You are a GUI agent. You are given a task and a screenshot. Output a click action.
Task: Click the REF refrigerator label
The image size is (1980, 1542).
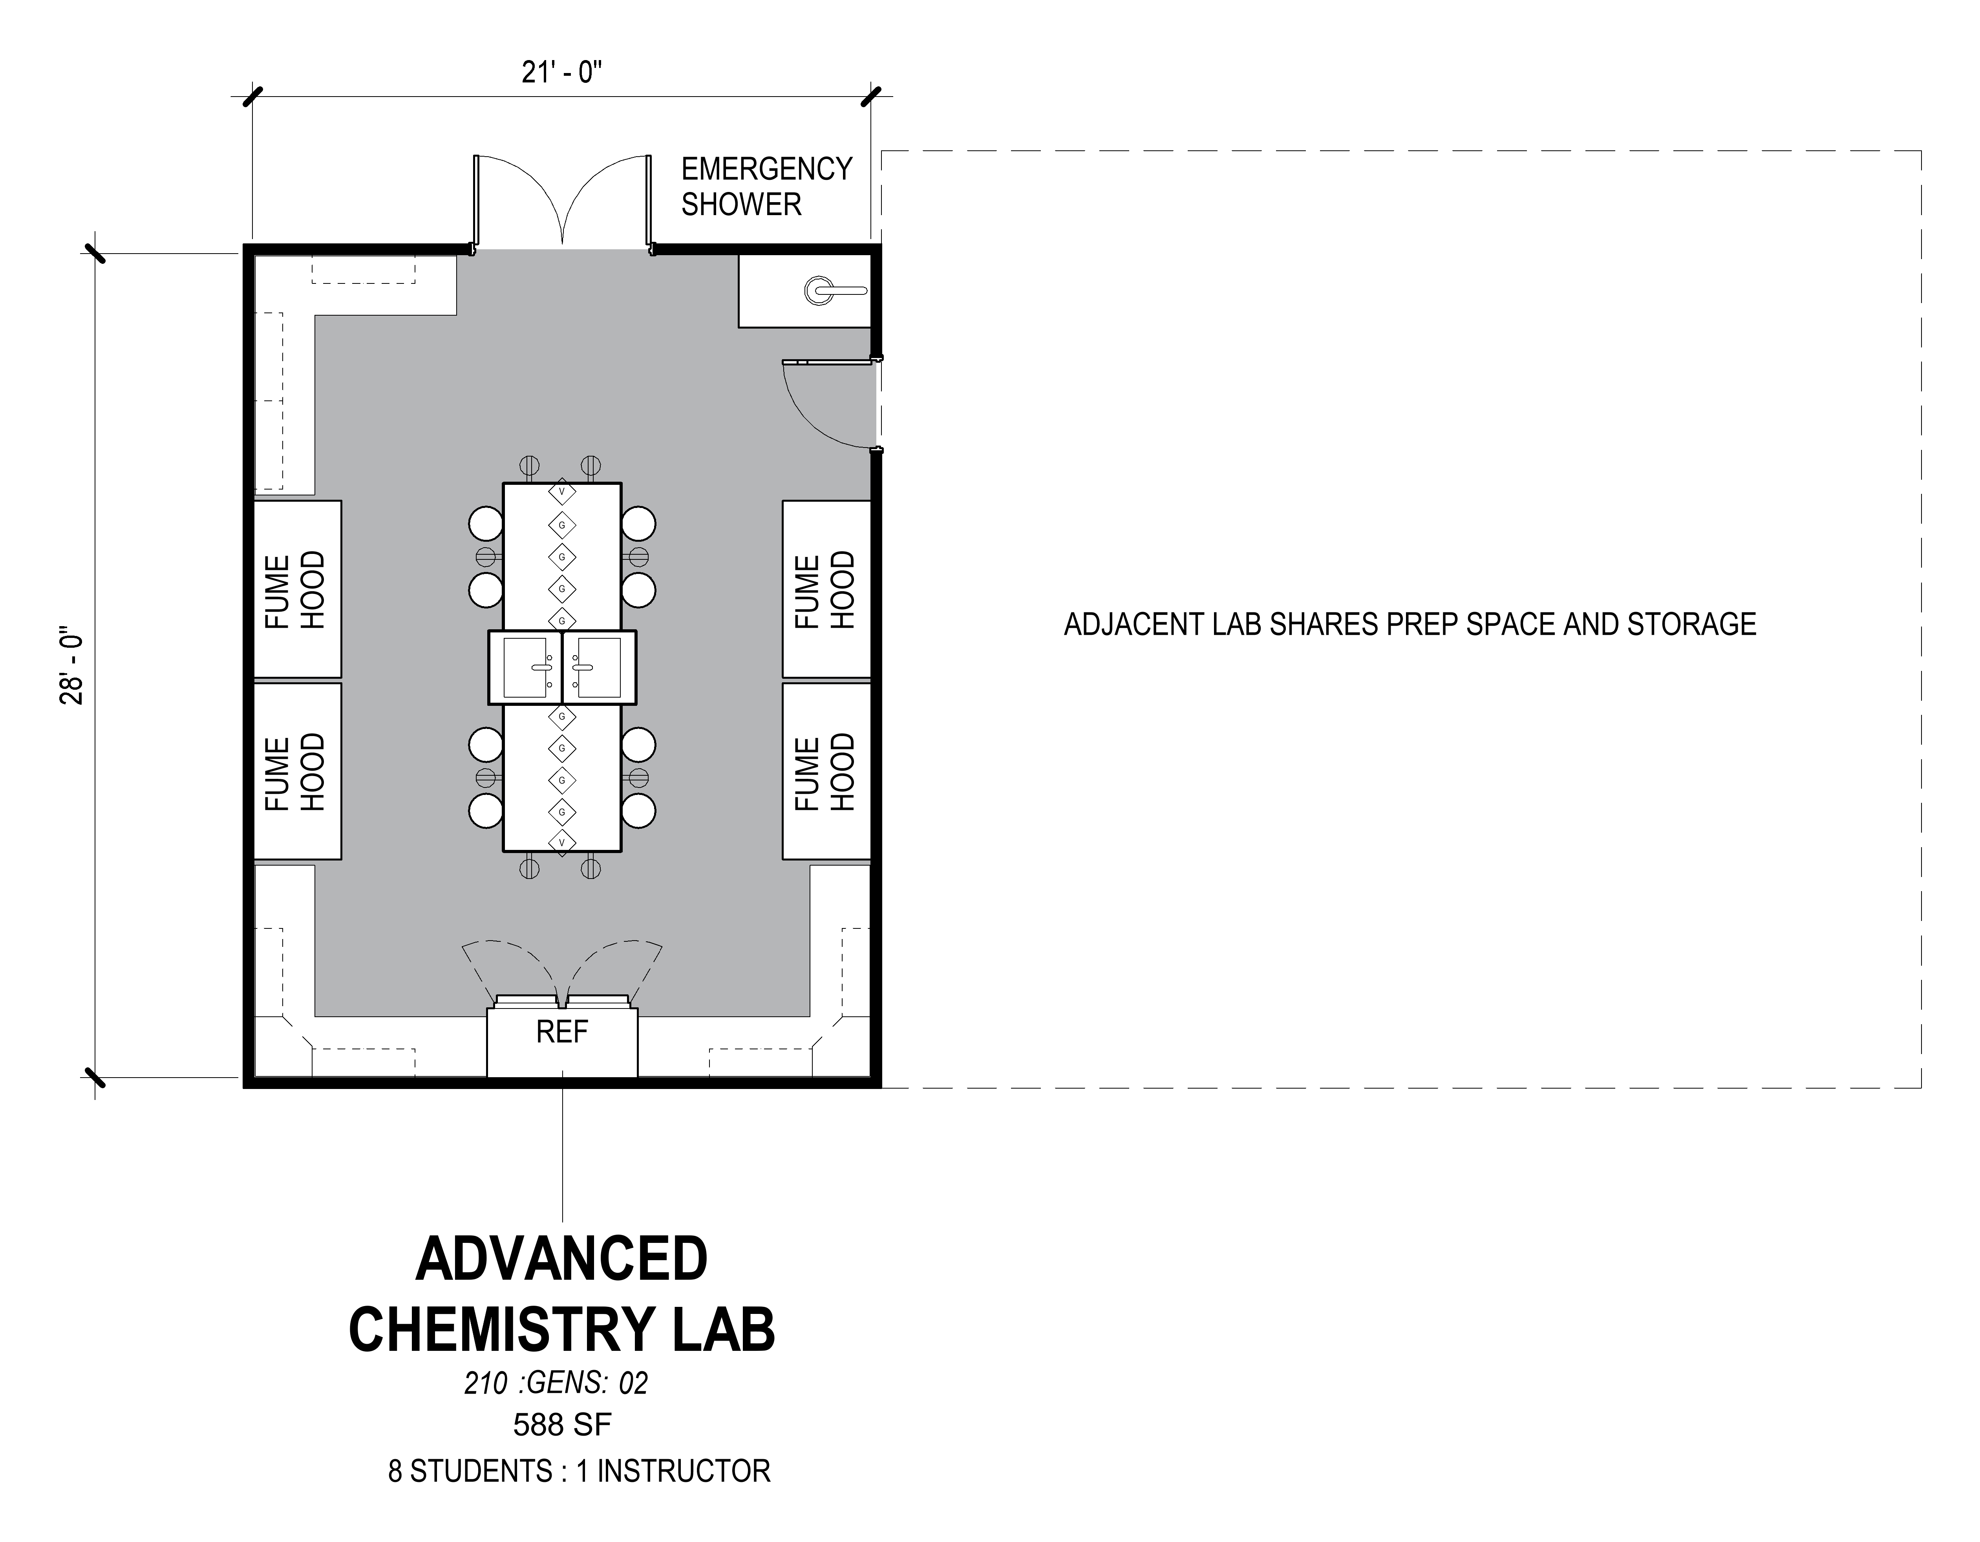point(562,1032)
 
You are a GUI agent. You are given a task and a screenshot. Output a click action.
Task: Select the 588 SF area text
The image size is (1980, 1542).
point(562,1425)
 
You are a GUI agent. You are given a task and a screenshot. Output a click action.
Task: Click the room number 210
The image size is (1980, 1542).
point(486,1383)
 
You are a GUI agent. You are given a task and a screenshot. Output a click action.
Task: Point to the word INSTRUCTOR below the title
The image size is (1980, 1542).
point(684,1471)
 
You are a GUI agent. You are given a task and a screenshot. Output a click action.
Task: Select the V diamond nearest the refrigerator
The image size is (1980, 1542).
point(562,842)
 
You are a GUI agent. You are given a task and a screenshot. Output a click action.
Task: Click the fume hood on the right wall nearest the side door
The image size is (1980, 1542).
point(826,589)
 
